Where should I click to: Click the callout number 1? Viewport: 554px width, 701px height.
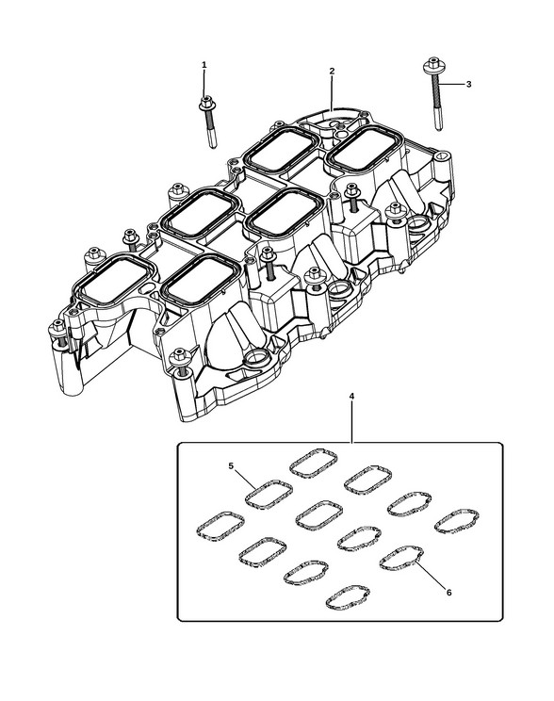(x=204, y=65)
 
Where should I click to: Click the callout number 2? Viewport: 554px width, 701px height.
(x=332, y=71)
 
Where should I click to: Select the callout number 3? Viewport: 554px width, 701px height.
(x=468, y=84)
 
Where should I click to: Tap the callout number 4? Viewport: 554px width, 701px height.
(x=351, y=396)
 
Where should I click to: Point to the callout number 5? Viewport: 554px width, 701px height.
(x=231, y=465)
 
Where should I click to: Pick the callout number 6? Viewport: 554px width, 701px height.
(x=448, y=593)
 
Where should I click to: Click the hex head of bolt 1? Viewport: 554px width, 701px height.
(x=206, y=103)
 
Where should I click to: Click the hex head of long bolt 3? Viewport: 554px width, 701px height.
(x=432, y=64)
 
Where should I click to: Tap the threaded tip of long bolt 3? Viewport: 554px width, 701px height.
(x=439, y=125)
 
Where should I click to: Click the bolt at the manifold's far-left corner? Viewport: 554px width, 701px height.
(x=57, y=329)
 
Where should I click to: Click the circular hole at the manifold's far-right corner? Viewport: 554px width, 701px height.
(x=442, y=156)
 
